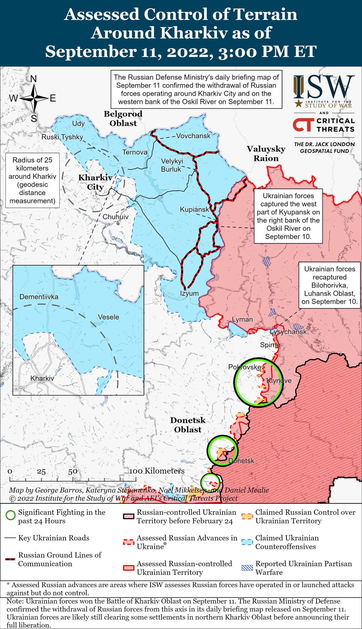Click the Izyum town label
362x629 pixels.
[x=189, y=293]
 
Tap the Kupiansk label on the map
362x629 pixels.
[x=194, y=209]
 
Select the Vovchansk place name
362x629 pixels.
[x=193, y=136]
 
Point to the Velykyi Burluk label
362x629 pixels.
[x=172, y=165]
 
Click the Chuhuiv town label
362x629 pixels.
[x=115, y=217]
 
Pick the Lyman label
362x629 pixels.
[x=242, y=319]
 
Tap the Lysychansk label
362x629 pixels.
[x=288, y=332]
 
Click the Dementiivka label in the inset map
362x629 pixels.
[x=39, y=297]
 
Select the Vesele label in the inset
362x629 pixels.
[x=108, y=317]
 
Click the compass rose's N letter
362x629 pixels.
[x=34, y=79]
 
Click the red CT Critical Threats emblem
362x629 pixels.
[x=303, y=125]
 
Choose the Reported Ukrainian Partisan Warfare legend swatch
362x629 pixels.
[x=248, y=568]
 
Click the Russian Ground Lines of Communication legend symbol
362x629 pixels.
[x=10, y=560]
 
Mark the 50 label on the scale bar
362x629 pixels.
[x=73, y=472]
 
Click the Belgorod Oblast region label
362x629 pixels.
[x=123, y=119]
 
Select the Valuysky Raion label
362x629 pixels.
[x=266, y=154]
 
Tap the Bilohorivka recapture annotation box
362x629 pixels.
[x=330, y=285]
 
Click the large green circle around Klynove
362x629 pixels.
[x=258, y=382]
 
